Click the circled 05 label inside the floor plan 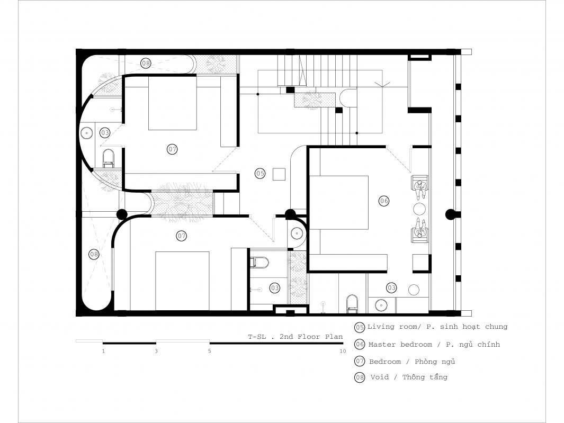pyautogui.click(x=260, y=173)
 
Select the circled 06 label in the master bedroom pyautogui.click(x=384, y=201)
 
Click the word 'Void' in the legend pyautogui.click(x=380, y=377)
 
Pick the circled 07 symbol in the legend pyautogui.click(x=360, y=361)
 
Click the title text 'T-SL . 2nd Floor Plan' pyautogui.click(x=296, y=337)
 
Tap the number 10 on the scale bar pyautogui.click(x=343, y=351)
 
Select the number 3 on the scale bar pyautogui.click(x=156, y=351)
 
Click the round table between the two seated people pyautogui.click(x=419, y=208)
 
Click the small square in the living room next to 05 pyautogui.click(x=279, y=174)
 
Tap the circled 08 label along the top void pyautogui.click(x=146, y=64)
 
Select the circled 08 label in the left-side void pyautogui.click(x=94, y=254)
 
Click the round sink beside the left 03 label pyautogui.click(x=86, y=133)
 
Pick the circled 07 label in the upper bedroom pyautogui.click(x=172, y=149)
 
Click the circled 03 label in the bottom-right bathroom pyautogui.click(x=391, y=288)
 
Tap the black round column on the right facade pyautogui.click(x=450, y=215)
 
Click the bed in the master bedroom pyautogui.click(x=339, y=203)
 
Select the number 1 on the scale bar pyautogui.click(x=103, y=351)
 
